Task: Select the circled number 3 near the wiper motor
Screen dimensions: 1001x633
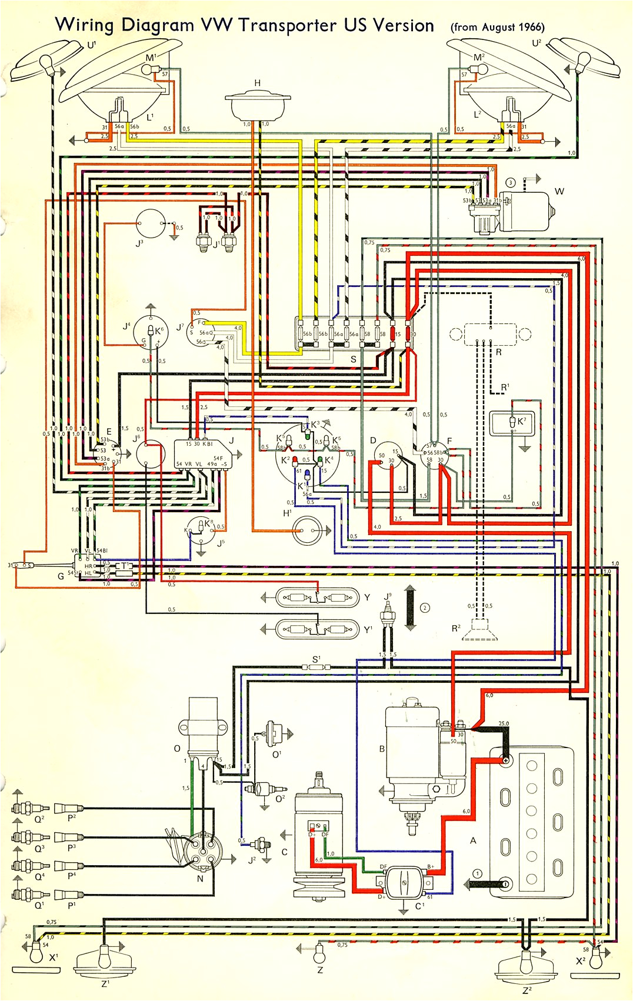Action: coord(510,183)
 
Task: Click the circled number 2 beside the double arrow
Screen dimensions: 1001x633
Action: coord(425,608)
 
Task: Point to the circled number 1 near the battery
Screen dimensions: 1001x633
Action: coord(478,874)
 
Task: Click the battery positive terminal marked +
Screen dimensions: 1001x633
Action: coord(505,760)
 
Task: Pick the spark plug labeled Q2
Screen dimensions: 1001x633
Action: coord(26,808)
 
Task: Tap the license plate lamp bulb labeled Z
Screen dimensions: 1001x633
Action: coord(320,949)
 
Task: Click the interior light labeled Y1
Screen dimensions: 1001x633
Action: coord(318,629)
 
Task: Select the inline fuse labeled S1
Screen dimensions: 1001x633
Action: coord(316,668)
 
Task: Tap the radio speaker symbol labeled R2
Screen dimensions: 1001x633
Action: coord(480,632)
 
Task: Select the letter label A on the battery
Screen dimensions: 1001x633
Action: coord(473,840)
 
